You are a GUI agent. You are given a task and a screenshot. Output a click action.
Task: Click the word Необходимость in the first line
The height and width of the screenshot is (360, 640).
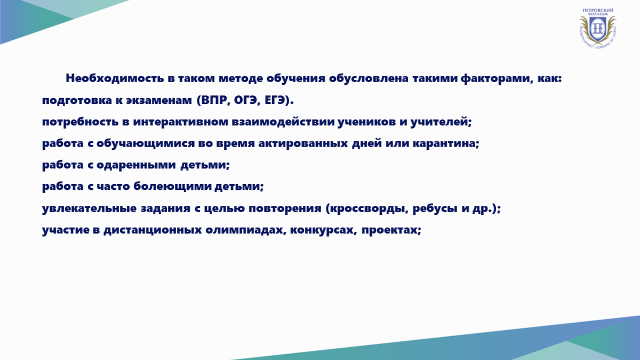tap(115, 78)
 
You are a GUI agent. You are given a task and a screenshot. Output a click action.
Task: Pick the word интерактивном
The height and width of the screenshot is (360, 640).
tap(181, 122)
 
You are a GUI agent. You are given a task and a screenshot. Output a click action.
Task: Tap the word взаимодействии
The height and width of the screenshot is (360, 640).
tap(283, 122)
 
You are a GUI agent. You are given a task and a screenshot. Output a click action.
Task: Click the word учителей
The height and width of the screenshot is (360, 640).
tap(439, 122)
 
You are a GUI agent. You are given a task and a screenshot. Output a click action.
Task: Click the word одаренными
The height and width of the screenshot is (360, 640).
tap(136, 165)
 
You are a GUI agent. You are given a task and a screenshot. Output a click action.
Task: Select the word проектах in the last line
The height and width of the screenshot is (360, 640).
tap(389, 230)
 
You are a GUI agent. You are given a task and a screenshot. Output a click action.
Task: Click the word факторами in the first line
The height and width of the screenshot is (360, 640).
tap(495, 78)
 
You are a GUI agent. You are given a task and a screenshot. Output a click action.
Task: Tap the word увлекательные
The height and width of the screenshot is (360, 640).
tap(89, 209)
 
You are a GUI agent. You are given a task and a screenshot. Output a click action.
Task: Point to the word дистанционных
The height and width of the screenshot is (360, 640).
tap(153, 230)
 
